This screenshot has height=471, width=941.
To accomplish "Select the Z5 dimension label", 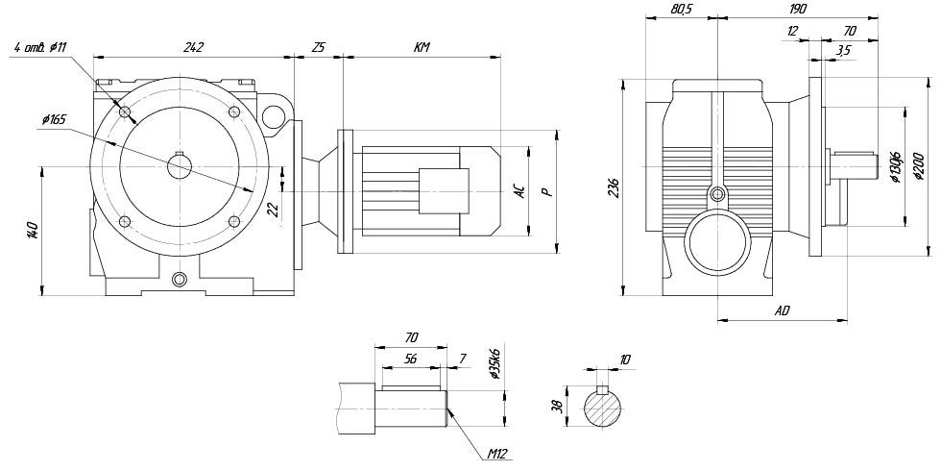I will (x=318, y=46).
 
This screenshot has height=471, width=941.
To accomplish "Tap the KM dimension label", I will (x=421, y=46).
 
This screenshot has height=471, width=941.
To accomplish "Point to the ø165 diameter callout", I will (x=53, y=119).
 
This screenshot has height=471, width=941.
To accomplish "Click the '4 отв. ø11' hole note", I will (x=40, y=47).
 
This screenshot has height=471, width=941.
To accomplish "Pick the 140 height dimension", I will (x=32, y=231).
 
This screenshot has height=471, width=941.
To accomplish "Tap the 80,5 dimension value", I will (x=656, y=8).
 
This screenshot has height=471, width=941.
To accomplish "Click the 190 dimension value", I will (x=797, y=8).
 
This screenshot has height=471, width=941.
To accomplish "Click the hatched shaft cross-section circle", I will (x=603, y=411).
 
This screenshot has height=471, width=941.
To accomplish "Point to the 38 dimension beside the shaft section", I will (x=556, y=408).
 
